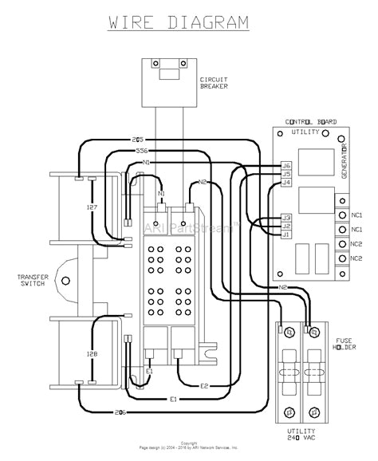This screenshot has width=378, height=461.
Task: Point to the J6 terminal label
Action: tap(286, 166)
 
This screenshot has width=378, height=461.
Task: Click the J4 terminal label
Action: tap(286, 183)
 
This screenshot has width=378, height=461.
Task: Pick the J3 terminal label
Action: tap(286, 217)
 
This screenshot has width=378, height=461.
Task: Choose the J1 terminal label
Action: tap(286, 234)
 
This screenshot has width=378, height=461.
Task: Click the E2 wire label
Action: tap(204, 386)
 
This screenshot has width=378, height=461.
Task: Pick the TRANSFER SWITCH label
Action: tap(32, 281)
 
